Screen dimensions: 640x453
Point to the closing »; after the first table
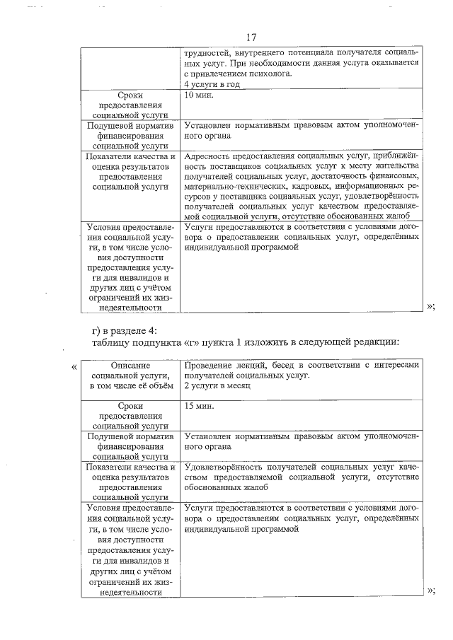pyautogui.click(x=431, y=306)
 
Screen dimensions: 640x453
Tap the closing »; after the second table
pyautogui.click(x=431, y=590)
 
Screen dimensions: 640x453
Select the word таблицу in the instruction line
pyautogui.click(x=113, y=342)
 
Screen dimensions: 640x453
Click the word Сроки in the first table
pyautogui.click(x=131, y=94)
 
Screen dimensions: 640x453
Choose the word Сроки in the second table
pyautogui.click(x=131, y=407)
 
